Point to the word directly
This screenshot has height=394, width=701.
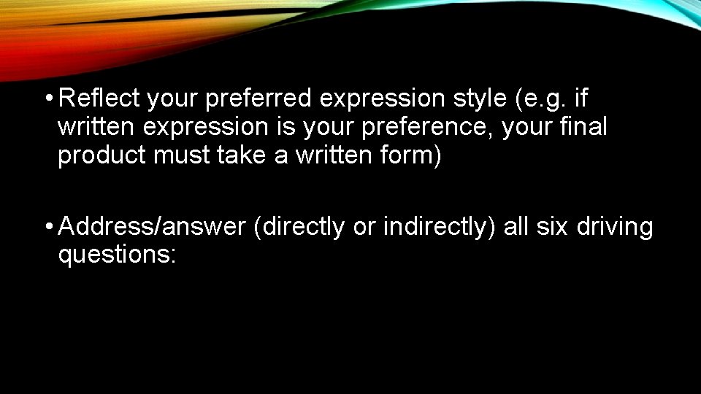(303, 227)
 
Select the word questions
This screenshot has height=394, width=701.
(117, 256)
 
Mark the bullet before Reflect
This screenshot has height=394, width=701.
(47, 98)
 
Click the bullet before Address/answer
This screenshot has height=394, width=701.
(47, 227)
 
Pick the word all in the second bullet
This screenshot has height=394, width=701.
(516, 227)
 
